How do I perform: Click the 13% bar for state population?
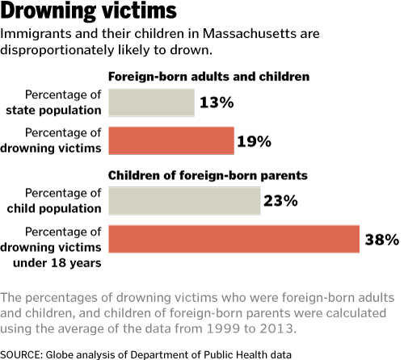tap(152, 103)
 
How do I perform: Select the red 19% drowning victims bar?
tap(171, 140)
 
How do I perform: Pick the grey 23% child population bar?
tap(184, 201)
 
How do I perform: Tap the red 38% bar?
tap(234, 239)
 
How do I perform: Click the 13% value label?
tap(217, 103)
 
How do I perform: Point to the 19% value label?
tap(254, 141)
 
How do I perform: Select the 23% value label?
tap(280, 201)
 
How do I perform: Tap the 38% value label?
tap(382, 240)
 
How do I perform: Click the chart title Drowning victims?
tap(88, 10)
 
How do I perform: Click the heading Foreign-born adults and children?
tap(208, 77)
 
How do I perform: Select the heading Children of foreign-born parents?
tap(208, 175)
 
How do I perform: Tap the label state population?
tap(53, 111)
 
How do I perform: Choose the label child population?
tap(54, 209)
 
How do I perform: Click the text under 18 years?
tap(57, 263)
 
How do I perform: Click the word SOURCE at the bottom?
tap(21, 355)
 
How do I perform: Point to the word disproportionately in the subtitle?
tap(57, 51)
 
